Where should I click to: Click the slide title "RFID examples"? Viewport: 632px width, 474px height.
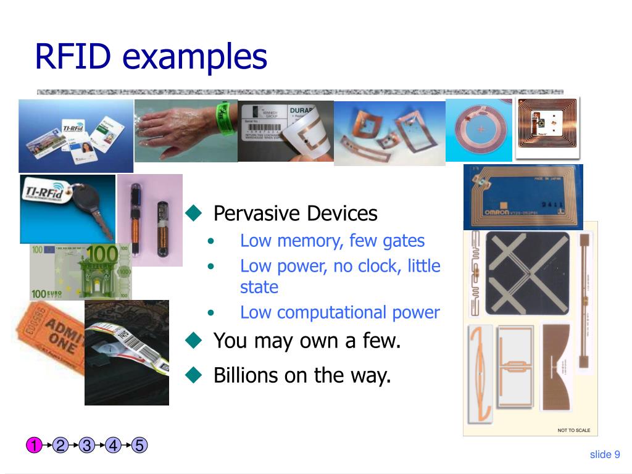pos(151,56)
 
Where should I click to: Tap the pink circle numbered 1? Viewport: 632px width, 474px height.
pos(34,445)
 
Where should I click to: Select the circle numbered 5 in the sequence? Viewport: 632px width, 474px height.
pos(139,445)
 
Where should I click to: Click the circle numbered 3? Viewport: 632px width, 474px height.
pos(86,445)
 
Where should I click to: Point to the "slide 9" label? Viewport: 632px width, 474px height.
pos(604,455)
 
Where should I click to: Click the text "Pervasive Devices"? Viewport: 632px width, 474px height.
pos(295,214)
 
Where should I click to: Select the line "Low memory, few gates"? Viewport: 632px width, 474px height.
pos(332,241)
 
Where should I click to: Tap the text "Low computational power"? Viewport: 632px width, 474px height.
pos(339,312)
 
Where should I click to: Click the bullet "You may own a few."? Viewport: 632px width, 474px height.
pos(307,340)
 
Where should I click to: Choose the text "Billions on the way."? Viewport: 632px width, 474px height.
pos(302,375)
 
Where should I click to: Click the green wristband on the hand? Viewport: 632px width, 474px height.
pos(223,114)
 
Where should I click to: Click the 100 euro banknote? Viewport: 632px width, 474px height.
pos(80,272)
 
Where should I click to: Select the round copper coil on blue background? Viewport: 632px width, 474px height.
pos(479,131)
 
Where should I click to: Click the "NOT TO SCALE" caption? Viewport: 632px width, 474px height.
pos(573,430)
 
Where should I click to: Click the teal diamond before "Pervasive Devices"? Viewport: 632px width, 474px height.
pos(194,214)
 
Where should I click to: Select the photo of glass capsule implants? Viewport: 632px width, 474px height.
pos(150,219)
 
